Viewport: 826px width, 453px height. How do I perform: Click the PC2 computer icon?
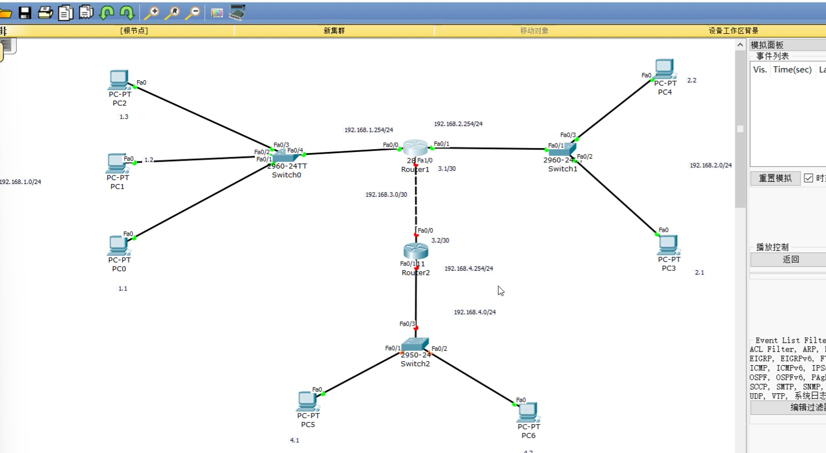pyautogui.click(x=118, y=79)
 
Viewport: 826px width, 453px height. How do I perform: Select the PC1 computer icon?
pyautogui.click(x=117, y=163)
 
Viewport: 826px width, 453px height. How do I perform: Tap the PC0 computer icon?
pyautogui.click(x=118, y=245)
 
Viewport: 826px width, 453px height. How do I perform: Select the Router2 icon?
pyautogui.click(x=415, y=251)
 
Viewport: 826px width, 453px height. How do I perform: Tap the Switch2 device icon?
pyautogui.click(x=415, y=345)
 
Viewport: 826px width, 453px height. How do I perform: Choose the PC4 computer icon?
pyautogui.click(x=664, y=69)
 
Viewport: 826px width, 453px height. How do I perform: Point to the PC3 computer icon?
pyautogui.click(x=668, y=245)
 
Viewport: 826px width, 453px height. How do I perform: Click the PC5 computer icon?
pyautogui.click(x=307, y=401)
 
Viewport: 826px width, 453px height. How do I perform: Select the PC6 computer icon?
pyautogui.click(x=528, y=411)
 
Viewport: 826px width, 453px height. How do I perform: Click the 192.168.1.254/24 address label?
pyautogui.click(x=369, y=130)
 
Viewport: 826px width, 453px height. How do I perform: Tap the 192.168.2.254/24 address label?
pyautogui.click(x=458, y=124)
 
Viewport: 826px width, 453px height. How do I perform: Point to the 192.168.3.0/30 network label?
pyautogui.click(x=386, y=195)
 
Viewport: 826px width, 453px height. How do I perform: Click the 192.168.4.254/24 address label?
pyautogui.click(x=469, y=268)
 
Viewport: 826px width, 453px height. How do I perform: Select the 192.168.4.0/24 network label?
pyautogui.click(x=474, y=313)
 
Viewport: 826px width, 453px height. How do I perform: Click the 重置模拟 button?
pyautogui.click(x=775, y=178)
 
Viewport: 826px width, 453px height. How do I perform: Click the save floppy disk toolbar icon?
pyautogui.click(x=25, y=13)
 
